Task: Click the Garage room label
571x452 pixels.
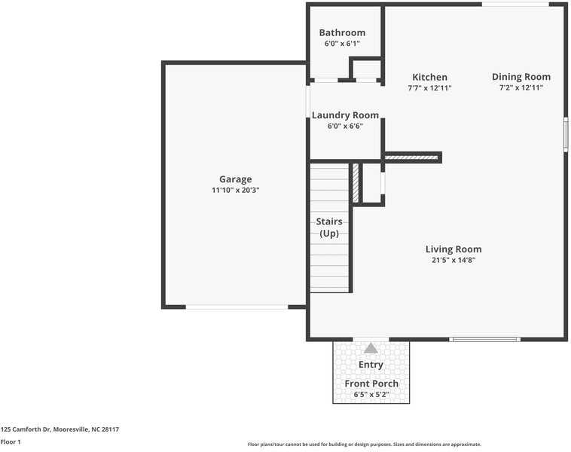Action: click(235, 179)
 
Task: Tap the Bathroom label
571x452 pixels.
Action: click(342, 33)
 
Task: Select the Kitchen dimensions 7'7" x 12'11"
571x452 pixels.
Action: click(429, 88)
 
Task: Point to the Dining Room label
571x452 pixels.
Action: click(521, 77)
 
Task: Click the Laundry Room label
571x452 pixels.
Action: click(345, 115)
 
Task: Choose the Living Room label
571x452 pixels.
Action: click(453, 249)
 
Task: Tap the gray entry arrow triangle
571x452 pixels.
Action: click(371, 349)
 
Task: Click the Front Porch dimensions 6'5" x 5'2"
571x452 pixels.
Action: click(371, 395)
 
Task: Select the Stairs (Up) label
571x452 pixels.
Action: click(329, 228)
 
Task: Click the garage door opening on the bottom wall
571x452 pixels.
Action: click(237, 307)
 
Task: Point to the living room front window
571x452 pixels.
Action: click(484, 340)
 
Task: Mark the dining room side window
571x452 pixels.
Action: click(566, 134)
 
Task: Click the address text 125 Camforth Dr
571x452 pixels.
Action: click(25, 429)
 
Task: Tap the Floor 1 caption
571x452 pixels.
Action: click(11, 441)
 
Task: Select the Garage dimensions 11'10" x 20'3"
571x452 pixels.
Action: click(236, 190)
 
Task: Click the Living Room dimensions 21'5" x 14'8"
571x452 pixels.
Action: click(453, 260)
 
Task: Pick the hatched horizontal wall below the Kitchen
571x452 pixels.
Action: click(411, 157)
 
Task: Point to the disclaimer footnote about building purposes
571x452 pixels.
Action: click(364, 444)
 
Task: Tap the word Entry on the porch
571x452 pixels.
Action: click(371, 365)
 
